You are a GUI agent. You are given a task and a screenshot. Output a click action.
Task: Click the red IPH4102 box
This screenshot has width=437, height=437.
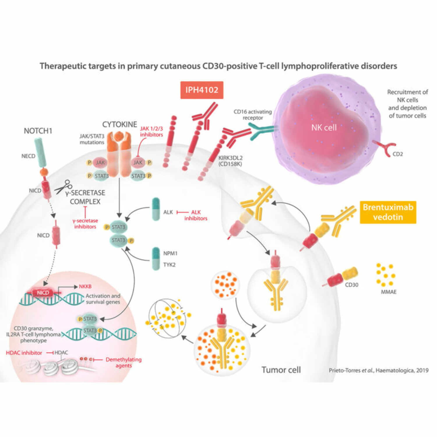[x=202, y=90]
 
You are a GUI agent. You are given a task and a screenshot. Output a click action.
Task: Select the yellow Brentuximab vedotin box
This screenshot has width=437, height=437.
[x=388, y=212]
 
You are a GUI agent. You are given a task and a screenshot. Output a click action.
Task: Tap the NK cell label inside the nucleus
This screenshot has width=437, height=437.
[x=324, y=127]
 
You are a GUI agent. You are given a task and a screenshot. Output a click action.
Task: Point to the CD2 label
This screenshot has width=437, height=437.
[x=398, y=154]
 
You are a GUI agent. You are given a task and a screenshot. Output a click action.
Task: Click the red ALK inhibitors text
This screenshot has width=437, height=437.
[x=196, y=215]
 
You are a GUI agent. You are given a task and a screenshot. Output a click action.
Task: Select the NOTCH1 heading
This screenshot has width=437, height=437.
[x=38, y=131]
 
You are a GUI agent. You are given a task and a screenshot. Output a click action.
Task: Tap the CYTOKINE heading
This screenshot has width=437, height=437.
[x=119, y=124]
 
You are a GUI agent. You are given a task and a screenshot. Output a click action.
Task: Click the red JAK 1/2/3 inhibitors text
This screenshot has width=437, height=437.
[x=151, y=131]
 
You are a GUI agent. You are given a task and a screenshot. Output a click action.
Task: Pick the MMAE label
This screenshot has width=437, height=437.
[x=389, y=292]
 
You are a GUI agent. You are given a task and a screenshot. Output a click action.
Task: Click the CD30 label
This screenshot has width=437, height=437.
[x=351, y=285]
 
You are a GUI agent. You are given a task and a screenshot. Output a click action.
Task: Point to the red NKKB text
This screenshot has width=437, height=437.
[x=85, y=286]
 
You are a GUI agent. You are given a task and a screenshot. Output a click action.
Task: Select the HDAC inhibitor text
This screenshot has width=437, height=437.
[x=24, y=353]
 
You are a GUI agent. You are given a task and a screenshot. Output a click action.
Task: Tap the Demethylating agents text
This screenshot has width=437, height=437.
[x=124, y=362]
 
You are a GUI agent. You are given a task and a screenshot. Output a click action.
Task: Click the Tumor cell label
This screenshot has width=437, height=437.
[x=281, y=370]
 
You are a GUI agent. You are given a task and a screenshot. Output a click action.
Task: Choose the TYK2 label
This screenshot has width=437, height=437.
[x=169, y=265]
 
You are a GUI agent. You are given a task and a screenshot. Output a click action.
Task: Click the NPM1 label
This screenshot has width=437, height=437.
[x=170, y=253]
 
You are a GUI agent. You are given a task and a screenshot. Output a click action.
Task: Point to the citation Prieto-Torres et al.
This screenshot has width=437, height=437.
[x=378, y=370]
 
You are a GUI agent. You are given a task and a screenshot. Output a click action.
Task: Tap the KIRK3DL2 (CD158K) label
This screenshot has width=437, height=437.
[x=230, y=161]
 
